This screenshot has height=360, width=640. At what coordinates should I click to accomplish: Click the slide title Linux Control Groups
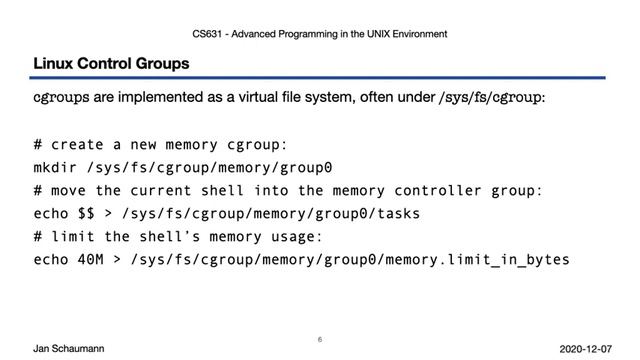111,64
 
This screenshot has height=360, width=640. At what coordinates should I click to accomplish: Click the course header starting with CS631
319,34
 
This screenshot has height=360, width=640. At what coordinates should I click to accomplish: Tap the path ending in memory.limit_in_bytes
343,259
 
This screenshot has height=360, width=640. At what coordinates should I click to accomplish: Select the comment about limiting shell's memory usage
176,236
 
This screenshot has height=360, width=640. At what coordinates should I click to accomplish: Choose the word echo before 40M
52,259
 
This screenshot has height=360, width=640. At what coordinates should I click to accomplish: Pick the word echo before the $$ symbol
52,213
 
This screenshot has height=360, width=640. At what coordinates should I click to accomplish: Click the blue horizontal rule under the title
319,78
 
